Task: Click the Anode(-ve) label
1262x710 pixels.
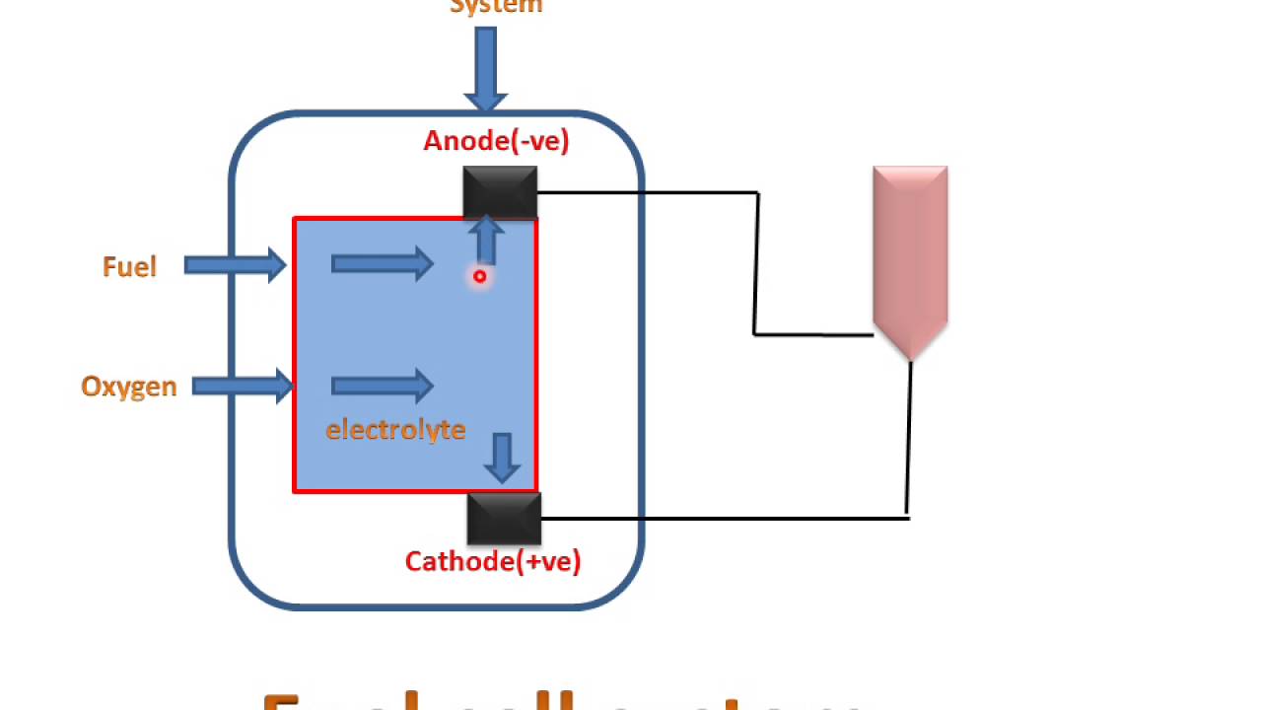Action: [x=496, y=141]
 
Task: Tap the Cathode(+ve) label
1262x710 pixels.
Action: [x=493, y=562]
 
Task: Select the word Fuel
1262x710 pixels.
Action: [x=129, y=267]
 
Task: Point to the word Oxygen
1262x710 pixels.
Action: [x=129, y=387]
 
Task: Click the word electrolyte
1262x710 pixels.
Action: [x=395, y=430]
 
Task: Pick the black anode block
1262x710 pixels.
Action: [x=500, y=192]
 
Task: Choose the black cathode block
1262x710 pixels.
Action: [x=504, y=519]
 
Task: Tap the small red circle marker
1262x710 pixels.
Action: [x=479, y=277]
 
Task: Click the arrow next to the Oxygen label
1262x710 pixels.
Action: [x=242, y=386]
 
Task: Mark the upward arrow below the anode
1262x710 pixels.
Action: [x=485, y=241]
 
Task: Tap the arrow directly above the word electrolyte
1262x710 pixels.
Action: [x=383, y=386]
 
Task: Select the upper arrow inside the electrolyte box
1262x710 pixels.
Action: [x=383, y=263]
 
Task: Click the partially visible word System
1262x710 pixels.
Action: [x=496, y=7]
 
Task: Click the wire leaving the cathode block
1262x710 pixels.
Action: [x=725, y=518]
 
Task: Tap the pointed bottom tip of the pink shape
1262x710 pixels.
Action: [x=910, y=358]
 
